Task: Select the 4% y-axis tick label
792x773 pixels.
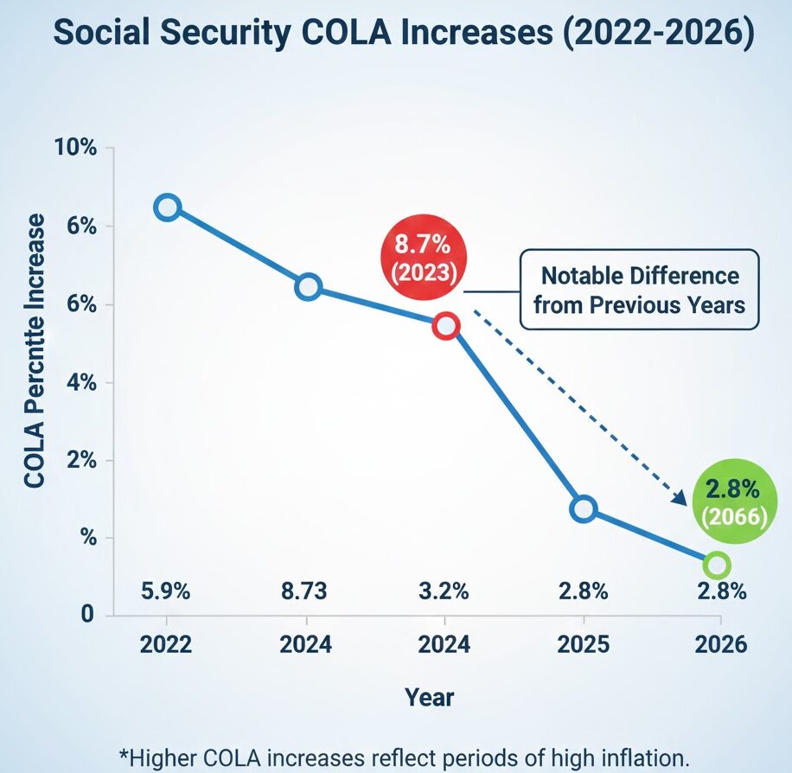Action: [80, 382]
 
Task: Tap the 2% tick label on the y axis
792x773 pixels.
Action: [80, 460]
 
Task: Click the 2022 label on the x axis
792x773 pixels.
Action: [166, 646]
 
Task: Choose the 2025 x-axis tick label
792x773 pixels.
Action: [583, 646]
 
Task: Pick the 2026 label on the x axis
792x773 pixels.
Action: [720, 646]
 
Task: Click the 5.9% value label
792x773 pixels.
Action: [165, 592]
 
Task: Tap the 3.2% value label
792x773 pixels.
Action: [444, 592]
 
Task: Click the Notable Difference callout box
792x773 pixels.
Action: [639, 290]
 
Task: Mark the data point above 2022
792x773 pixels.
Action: [167, 208]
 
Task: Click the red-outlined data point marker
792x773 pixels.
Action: [445, 326]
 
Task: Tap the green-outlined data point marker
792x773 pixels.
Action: [717, 565]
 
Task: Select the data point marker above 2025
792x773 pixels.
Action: [584, 509]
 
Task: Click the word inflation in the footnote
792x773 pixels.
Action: [640, 757]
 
